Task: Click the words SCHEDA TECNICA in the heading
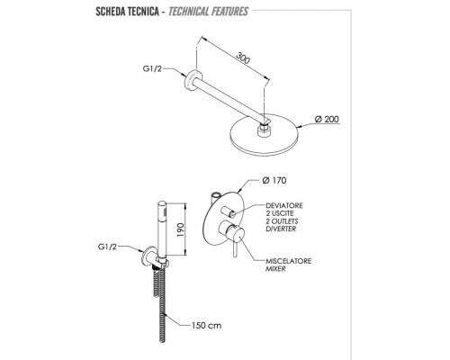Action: pyautogui.click(x=127, y=12)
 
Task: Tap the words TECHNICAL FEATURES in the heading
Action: pyautogui.click(x=208, y=12)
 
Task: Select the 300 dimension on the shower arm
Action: pyautogui.click(x=243, y=58)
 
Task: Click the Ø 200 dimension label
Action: pyautogui.click(x=327, y=119)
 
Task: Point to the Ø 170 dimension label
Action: pyautogui.click(x=274, y=180)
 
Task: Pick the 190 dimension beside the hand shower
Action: pyautogui.click(x=180, y=229)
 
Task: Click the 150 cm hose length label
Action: pyautogui.click(x=206, y=325)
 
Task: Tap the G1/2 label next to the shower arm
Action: pyautogui.click(x=152, y=68)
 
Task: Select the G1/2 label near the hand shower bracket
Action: pyautogui.click(x=107, y=247)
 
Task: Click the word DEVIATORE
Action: pyautogui.click(x=284, y=206)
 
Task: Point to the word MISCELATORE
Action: pyautogui.click(x=288, y=261)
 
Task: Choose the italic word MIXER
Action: pyautogui.click(x=275, y=269)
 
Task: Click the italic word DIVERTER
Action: pyautogui.click(x=281, y=229)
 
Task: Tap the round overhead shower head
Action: pyautogui.click(x=264, y=135)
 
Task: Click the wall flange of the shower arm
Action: pyautogui.click(x=192, y=79)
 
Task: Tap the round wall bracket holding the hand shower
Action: pyautogui.click(x=149, y=256)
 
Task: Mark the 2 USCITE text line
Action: pyautogui.click(x=280, y=213)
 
